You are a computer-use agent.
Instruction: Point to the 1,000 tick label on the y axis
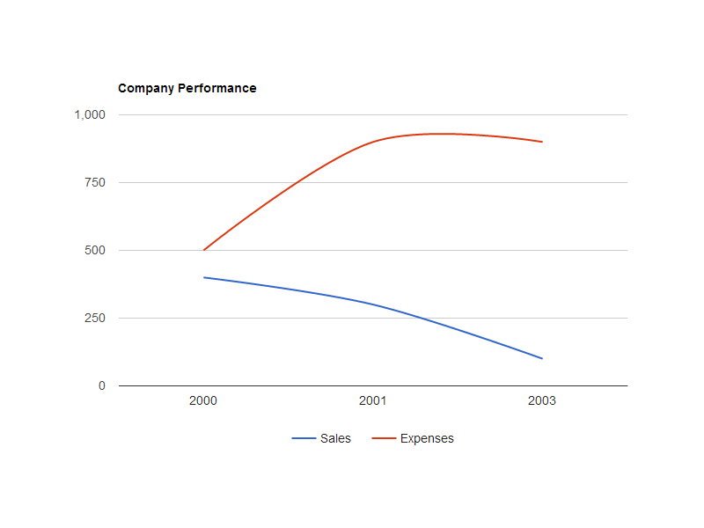coord(90,114)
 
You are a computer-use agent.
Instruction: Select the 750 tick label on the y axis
coord(95,182)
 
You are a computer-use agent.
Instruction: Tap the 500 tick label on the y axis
coord(95,250)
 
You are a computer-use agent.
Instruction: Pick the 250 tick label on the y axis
coord(95,318)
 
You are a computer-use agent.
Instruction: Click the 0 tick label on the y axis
coord(101,385)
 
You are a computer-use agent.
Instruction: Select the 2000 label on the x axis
coord(203,401)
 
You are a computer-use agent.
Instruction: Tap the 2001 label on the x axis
coord(373,401)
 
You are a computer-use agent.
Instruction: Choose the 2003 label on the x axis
coord(542,401)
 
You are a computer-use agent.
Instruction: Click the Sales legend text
coord(335,438)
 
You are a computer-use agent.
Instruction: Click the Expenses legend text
coord(427,438)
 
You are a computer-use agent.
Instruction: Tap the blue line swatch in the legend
coord(304,438)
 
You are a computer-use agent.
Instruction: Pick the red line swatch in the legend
coord(384,438)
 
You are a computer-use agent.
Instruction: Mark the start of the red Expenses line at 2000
coord(204,250)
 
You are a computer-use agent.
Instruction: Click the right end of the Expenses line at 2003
coord(542,142)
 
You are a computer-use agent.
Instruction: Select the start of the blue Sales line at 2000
coord(204,277)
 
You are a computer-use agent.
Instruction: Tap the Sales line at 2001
coord(373,304)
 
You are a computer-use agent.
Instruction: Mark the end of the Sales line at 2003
coord(542,358)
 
